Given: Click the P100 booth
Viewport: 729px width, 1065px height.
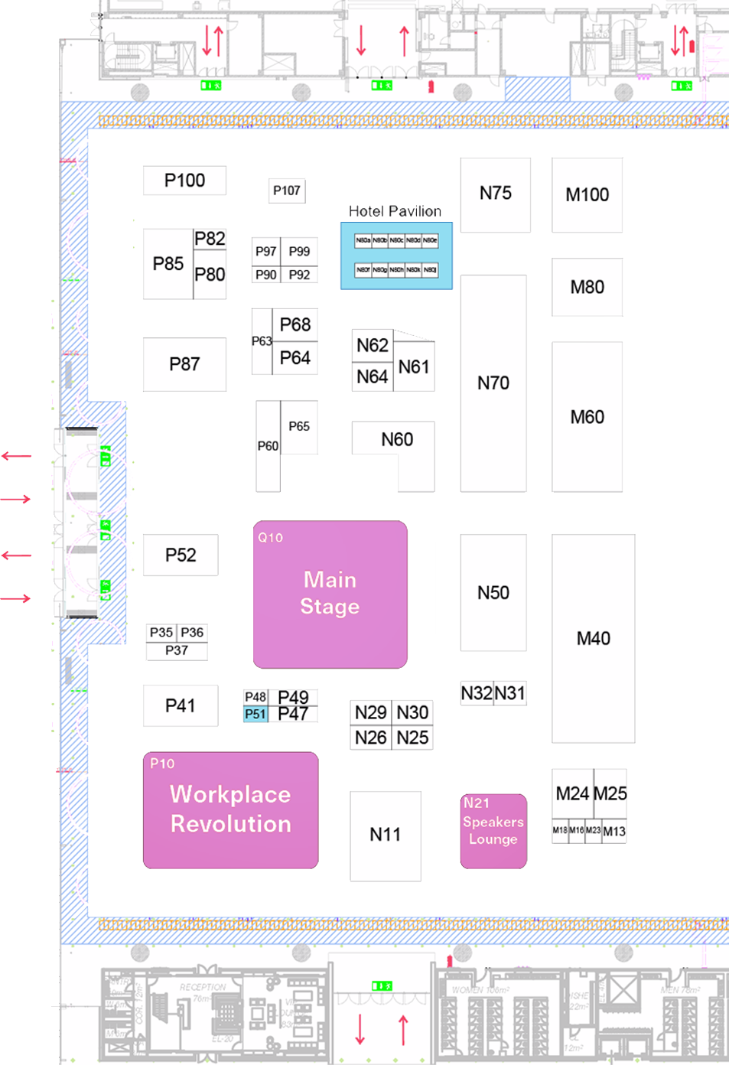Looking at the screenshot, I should click(184, 181).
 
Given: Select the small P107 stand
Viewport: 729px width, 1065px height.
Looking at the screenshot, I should click(287, 191).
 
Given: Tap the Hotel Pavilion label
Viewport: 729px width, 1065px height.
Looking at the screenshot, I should click(395, 211).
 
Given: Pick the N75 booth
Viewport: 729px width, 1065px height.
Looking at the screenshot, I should click(495, 194).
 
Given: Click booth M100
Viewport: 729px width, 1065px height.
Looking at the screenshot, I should click(587, 195).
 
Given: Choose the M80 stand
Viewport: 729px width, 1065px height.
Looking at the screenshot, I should click(587, 288).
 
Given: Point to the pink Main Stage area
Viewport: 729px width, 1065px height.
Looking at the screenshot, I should click(330, 594).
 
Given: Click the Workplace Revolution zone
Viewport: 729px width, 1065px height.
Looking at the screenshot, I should click(230, 809).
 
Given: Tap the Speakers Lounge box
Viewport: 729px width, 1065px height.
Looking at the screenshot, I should click(493, 831).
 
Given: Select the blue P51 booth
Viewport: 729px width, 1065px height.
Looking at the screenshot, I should click(255, 715).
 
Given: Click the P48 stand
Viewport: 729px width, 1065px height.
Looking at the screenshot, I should click(255, 697).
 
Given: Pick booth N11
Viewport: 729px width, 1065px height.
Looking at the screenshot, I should click(385, 835).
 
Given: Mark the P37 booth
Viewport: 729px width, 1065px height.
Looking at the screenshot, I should click(177, 650).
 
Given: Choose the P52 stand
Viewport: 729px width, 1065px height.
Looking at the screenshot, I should click(181, 555).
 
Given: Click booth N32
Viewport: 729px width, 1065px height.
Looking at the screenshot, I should click(477, 693).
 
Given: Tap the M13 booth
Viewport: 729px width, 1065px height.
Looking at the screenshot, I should click(614, 832).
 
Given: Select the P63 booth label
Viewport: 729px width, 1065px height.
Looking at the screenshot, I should click(262, 341).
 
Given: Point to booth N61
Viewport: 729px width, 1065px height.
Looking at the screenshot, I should click(414, 367).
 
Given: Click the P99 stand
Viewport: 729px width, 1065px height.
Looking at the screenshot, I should click(299, 251).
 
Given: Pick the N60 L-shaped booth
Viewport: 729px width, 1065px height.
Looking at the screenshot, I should click(396, 439).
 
